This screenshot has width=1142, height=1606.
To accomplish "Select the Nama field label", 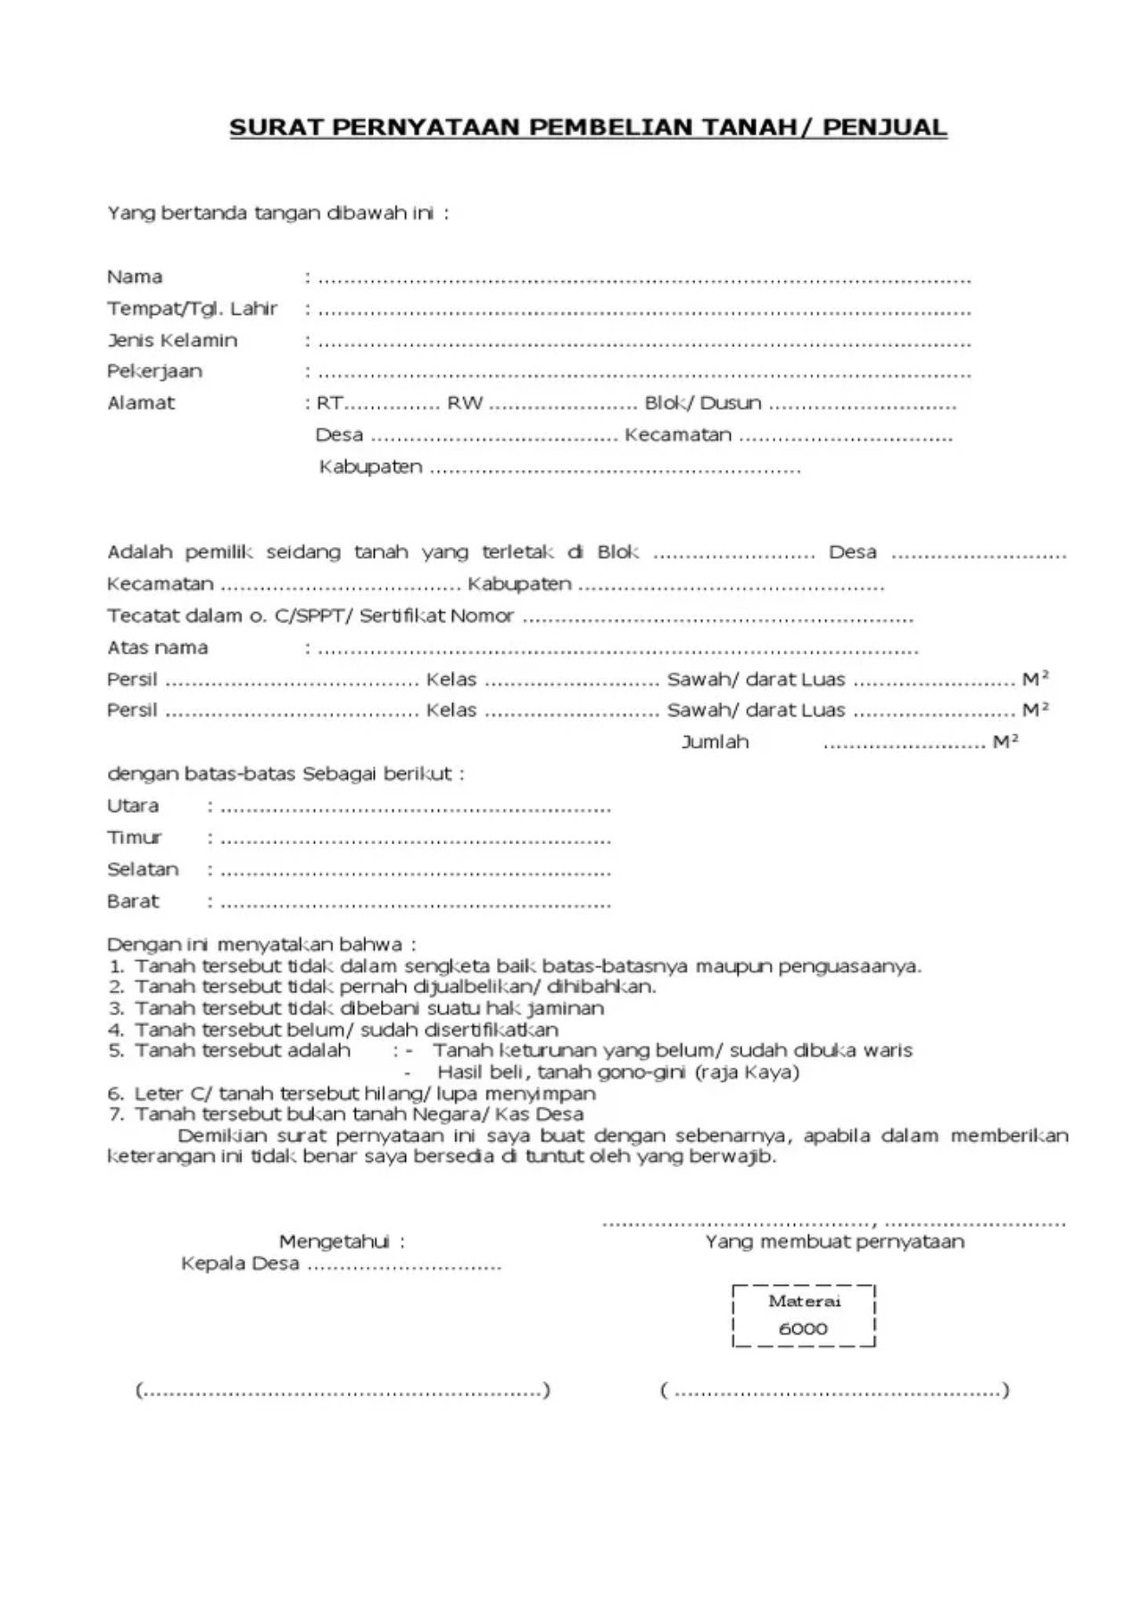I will pos(135,277).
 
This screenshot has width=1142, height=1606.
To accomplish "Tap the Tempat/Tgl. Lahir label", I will pos(193,309).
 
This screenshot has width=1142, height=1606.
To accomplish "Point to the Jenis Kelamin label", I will pos(172,340).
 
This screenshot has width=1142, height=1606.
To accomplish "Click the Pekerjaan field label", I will pos(154,371).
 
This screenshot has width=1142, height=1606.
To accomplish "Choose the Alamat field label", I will pos(141,402).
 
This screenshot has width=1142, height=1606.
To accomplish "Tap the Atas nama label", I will pos(157,648).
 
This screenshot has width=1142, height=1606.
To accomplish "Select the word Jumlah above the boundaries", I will pos(715,742).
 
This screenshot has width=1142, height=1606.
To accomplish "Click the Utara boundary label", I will pos(133,806).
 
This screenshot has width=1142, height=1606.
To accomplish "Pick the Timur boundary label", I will pos(134,838).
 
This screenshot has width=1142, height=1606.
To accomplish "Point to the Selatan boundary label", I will pos(143,869).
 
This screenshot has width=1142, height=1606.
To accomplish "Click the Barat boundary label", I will pos(133,901).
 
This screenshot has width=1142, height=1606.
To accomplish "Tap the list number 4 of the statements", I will pos(116,1030).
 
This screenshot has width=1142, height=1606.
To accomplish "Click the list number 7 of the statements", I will pos(115,1114).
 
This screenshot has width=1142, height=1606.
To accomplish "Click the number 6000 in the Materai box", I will pos(803,1329).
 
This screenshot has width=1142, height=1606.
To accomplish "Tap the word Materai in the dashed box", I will pos(804,1301).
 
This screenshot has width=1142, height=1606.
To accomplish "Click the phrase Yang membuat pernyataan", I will pos(834,1242).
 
